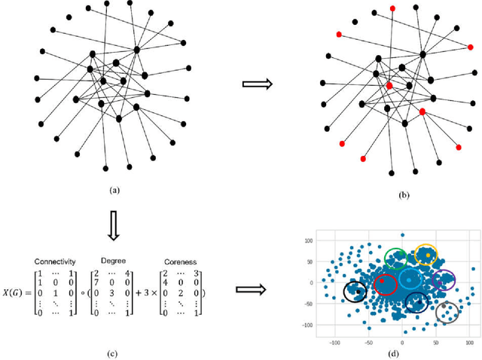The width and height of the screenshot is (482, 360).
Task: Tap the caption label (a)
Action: pos(114,191)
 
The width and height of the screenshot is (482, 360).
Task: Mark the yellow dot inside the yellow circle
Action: pos(427,255)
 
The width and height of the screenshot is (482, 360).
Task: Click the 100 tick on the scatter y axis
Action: pos(307,241)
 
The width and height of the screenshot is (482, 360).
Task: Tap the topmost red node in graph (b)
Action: pos(392,8)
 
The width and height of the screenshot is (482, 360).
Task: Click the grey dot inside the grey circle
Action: pos(446,310)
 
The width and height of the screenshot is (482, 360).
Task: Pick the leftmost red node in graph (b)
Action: pos(339,35)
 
